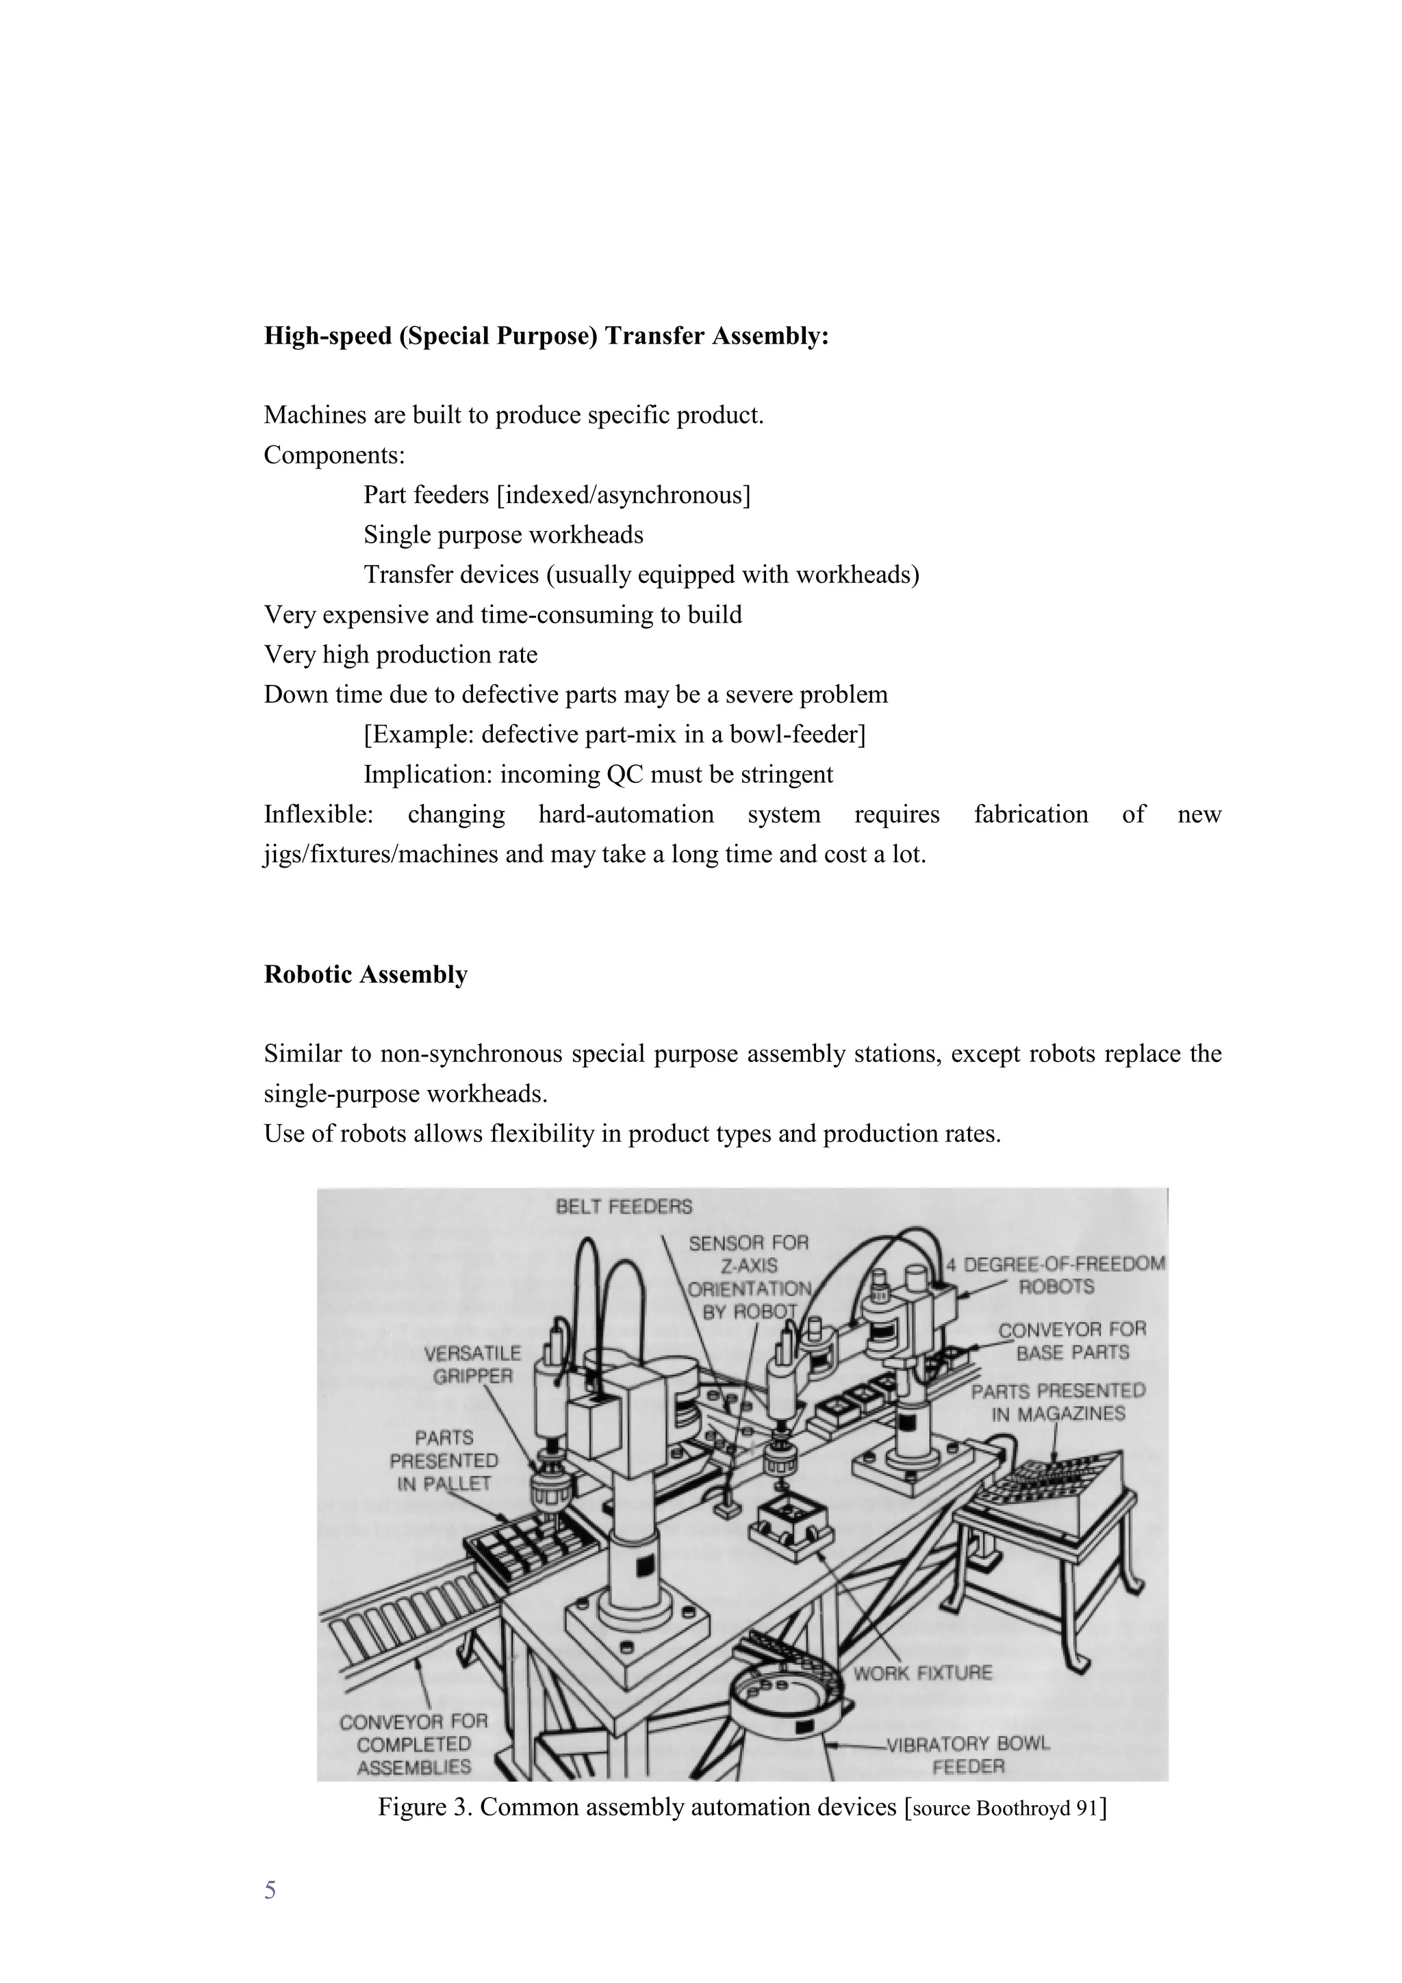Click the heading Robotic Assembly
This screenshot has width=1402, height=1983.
click(x=366, y=974)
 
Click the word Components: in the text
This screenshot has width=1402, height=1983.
click(x=334, y=454)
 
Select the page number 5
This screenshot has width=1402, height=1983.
click(x=270, y=1891)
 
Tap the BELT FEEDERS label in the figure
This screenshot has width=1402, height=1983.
click(x=624, y=1206)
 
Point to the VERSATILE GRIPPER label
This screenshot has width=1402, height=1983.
click(x=472, y=1364)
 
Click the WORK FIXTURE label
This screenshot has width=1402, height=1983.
click(x=923, y=1673)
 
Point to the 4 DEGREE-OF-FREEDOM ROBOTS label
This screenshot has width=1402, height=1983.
click(x=1056, y=1275)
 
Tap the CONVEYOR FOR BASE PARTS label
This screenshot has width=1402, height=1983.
click(x=1072, y=1340)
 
